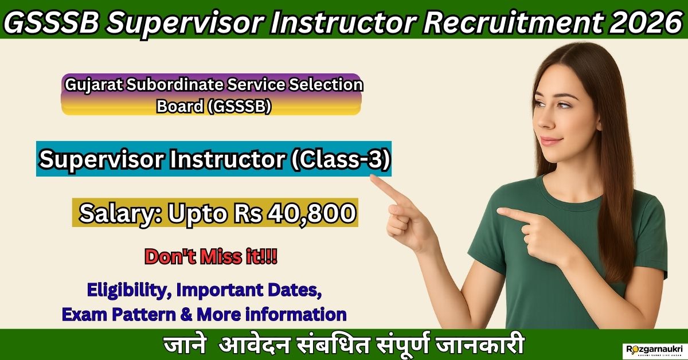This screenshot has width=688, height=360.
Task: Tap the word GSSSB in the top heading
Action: pos(52,20)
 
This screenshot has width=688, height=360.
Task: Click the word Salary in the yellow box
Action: pos(118,213)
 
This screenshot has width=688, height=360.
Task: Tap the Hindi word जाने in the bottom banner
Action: pos(182,346)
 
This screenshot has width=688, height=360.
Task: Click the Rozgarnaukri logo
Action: pos(654,349)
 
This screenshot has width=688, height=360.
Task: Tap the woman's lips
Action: pos(552,140)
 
